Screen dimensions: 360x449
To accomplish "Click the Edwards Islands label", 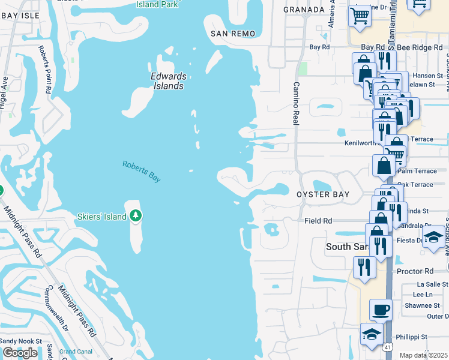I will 168,81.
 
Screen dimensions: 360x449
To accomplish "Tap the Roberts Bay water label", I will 142,172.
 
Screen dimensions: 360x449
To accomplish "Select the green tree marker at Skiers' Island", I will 136,215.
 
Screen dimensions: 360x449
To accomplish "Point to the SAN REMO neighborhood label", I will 232,34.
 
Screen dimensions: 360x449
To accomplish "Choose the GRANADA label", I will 304,10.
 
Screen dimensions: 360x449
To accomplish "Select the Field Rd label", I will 318,221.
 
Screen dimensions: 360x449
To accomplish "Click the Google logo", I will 20,353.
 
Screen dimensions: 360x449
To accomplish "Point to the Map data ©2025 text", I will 423,355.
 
